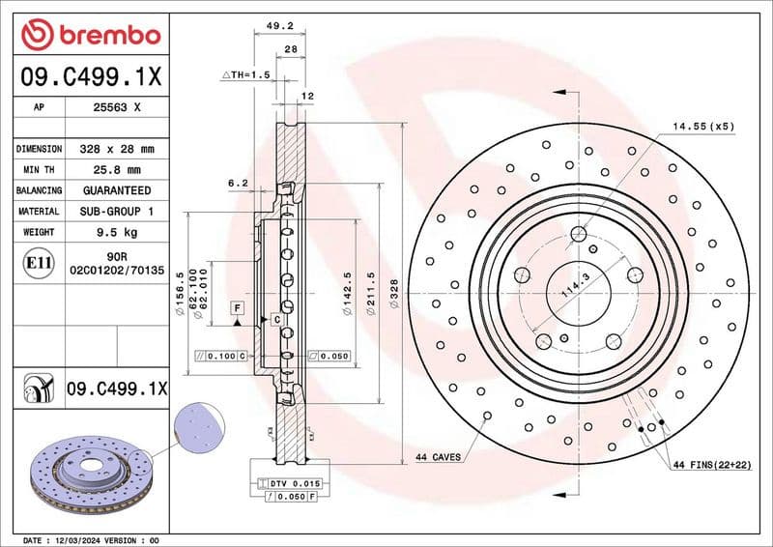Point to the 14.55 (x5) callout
tap(703, 127)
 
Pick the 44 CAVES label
tap(438, 456)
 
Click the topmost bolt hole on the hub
tap(579, 234)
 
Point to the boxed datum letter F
tap(236, 306)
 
